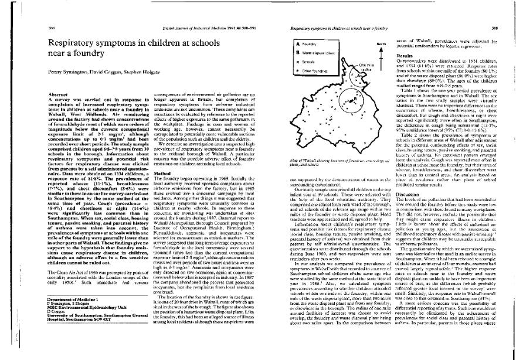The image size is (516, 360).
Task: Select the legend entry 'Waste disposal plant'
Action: point(318,52)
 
